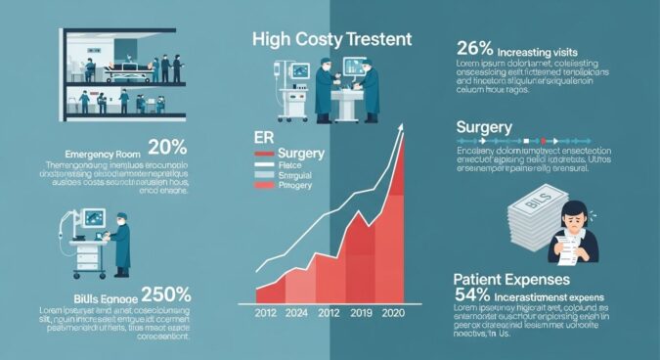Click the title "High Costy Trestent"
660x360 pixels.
pos(331,40)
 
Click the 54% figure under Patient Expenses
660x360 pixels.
pos(474,294)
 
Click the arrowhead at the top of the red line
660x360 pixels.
pos(402,132)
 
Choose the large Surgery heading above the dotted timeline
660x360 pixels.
pos(484,128)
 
